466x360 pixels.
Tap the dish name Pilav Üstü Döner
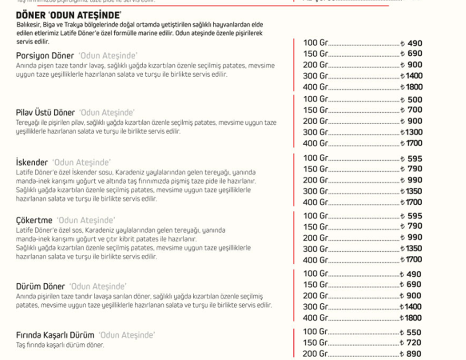coord(45,113)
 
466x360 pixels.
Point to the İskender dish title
coord(32,162)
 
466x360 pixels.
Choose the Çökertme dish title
coord(34,220)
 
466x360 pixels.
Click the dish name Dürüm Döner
coord(40,287)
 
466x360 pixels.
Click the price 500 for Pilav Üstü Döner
coord(415,100)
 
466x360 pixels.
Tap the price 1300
coord(413,132)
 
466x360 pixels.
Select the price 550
coord(415,332)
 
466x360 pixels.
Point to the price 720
coord(415,343)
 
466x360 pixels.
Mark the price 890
coord(415,354)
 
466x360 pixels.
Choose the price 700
coord(415,110)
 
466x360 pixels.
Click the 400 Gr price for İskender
coord(413,202)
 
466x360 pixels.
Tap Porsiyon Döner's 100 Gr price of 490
coord(415,43)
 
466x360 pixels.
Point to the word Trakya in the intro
coord(80,24)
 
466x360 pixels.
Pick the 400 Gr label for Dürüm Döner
coord(316,318)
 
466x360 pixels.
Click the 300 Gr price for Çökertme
coord(413,249)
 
